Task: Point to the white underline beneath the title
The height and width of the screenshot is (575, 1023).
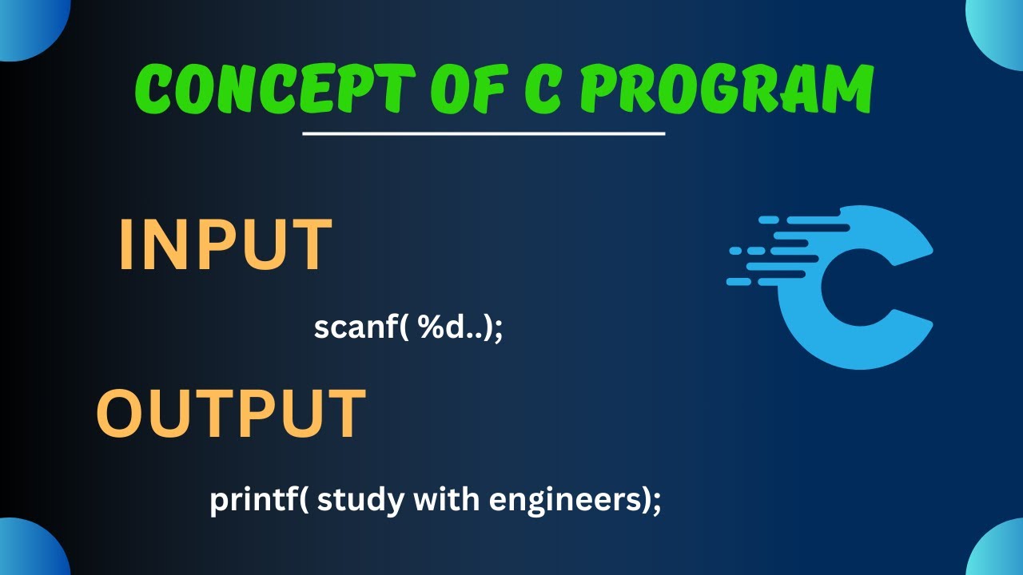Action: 484,133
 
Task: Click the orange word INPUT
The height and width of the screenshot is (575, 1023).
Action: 225,245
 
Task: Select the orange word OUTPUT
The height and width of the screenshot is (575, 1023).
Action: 231,414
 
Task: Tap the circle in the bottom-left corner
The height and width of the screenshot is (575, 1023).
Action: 28,551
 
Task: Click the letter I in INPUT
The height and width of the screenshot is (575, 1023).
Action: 128,245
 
